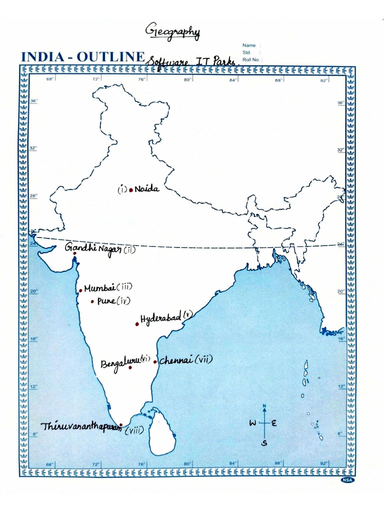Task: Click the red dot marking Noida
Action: click(x=131, y=190)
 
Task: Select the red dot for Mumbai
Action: click(x=80, y=290)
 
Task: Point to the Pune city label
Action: click(x=106, y=301)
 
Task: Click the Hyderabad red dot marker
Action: click(x=136, y=324)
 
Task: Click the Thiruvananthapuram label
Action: click(x=81, y=427)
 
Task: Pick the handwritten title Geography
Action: click(x=172, y=32)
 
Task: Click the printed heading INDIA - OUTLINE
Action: click(x=82, y=56)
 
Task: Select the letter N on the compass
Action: click(x=264, y=405)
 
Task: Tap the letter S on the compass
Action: click(x=264, y=442)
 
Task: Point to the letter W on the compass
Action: click(x=253, y=423)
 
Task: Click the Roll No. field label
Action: click(x=252, y=59)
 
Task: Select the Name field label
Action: click(x=249, y=45)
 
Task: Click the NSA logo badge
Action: click(x=347, y=480)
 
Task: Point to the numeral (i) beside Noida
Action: click(x=122, y=189)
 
